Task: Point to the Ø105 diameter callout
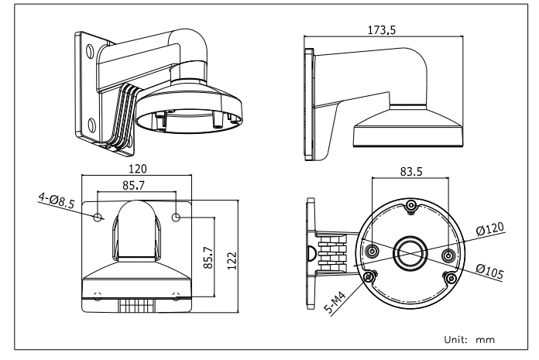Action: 492,269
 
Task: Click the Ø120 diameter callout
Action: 492,228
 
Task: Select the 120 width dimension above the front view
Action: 138,169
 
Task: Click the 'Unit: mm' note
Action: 468,339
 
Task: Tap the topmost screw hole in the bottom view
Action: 410,206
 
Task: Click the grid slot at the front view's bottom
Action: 138,303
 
